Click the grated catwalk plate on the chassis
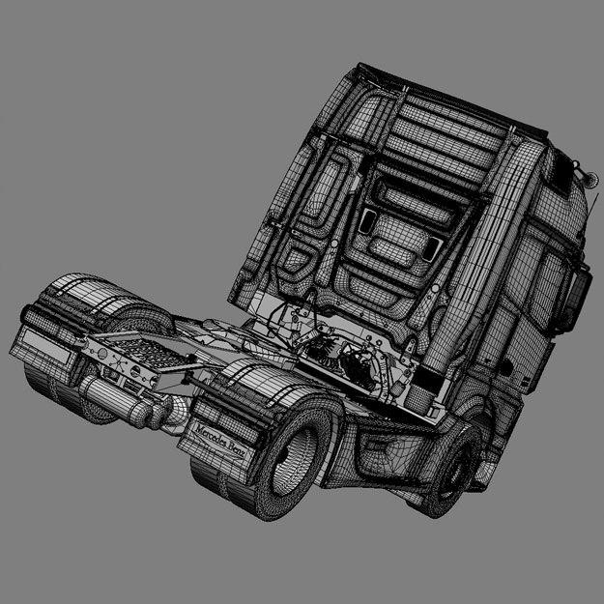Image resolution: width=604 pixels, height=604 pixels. tap(134, 347)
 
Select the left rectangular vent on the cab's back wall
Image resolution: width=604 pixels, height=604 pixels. tap(367, 221)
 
